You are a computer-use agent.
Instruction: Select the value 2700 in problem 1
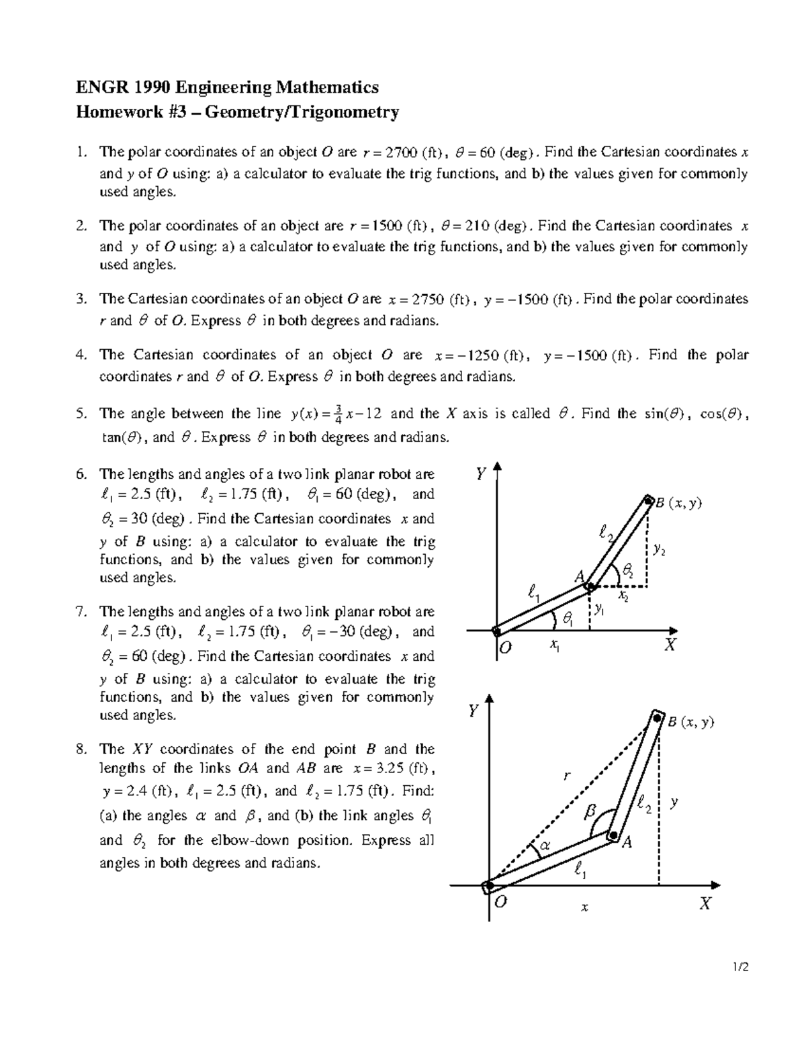[x=397, y=153]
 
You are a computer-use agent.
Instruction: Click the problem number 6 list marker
[x=81, y=474]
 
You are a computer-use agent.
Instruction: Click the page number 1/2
[x=741, y=968]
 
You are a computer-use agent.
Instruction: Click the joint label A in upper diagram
[x=579, y=576]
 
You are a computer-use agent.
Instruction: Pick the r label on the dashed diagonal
[x=566, y=776]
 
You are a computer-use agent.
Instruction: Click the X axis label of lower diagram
[x=705, y=904]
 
